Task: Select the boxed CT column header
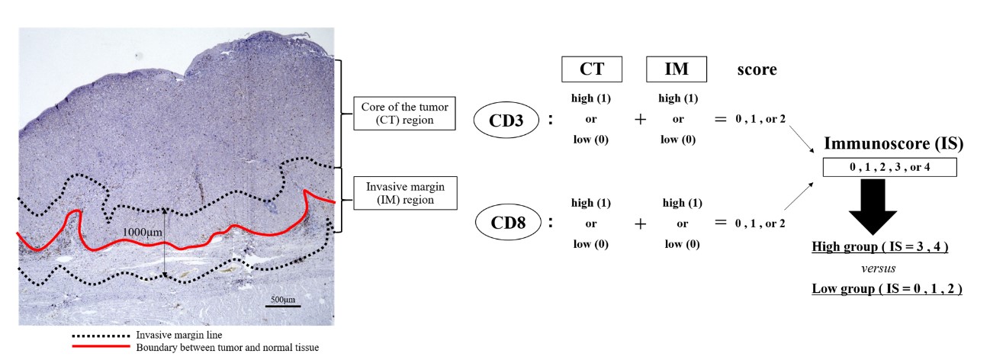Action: (592, 69)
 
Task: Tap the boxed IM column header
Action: (677, 69)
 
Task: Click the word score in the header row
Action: (757, 69)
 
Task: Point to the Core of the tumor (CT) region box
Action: (403, 114)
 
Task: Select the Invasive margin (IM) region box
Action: (403, 192)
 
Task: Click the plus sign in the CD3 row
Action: (640, 119)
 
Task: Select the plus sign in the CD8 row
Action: (640, 223)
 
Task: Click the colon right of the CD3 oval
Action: (551, 120)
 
